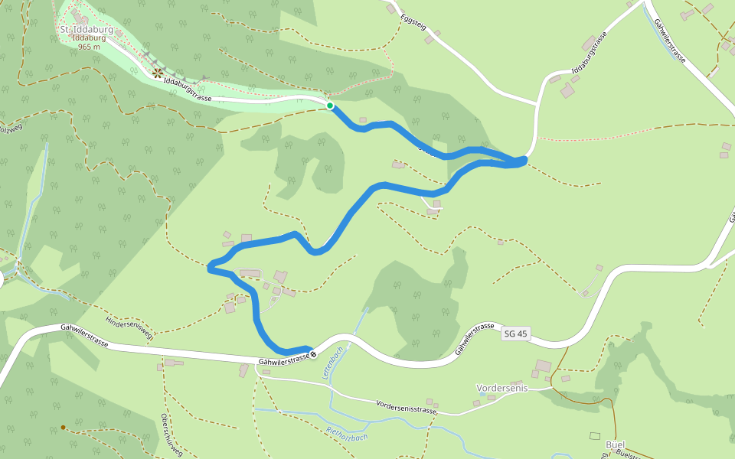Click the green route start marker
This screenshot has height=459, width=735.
point(330,106)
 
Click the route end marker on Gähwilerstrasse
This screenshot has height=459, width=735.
point(313,354)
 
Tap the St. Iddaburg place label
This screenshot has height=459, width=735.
point(86,30)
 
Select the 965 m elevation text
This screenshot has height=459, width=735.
point(89,47)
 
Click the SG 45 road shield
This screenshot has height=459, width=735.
point(516,334)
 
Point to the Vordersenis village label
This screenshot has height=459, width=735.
point(502,388)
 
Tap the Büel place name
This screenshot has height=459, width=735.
point(615,444)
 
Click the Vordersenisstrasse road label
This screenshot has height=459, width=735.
point(407,407)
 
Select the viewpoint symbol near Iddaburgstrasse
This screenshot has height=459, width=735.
point(158,73)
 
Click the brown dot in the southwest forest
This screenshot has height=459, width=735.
point(63,428)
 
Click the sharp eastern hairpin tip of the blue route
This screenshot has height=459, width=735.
point(525,159)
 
